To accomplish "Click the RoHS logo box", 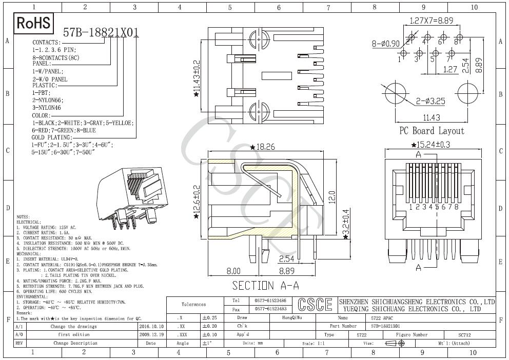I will (x=34, y=23).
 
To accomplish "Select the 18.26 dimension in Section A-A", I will (x=263, y=147).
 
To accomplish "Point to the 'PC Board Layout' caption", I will (x=432, y=131).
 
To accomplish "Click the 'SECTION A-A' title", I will (x=265, y=285).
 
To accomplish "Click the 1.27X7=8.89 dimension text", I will (x=432, y=21).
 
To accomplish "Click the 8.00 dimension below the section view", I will (x=233, y=271).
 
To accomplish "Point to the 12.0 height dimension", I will (x=332, y=196).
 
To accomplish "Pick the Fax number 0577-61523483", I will (x=270, y=309).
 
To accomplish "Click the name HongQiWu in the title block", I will (x=292, y=318).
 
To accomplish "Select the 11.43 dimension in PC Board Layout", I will (x=432, y=117).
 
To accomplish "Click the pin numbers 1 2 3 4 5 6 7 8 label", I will (x=434, y=207).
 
